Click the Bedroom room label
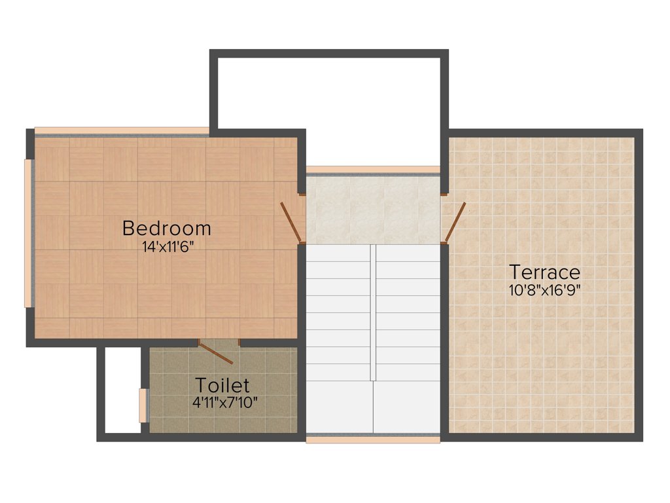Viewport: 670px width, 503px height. (167, 229)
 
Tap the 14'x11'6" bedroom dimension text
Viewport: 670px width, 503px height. (167, 247)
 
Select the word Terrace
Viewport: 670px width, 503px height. (544, 272)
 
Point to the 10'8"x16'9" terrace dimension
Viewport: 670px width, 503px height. (544, 289)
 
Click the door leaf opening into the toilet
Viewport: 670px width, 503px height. (216, 353)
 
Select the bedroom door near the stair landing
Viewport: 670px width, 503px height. (291, 222)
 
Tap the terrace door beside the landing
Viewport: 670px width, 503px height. (455, 222)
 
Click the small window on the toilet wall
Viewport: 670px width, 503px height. (143, 406)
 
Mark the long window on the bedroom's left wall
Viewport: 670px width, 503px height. (27, 233)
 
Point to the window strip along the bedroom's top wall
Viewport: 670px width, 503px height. (122, 131)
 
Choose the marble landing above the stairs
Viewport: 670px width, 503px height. (373, 210)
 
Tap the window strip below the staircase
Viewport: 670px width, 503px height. (373, 439)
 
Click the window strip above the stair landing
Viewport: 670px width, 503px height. (373, 170)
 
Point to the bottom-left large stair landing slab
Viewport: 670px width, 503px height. (340, 407)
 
